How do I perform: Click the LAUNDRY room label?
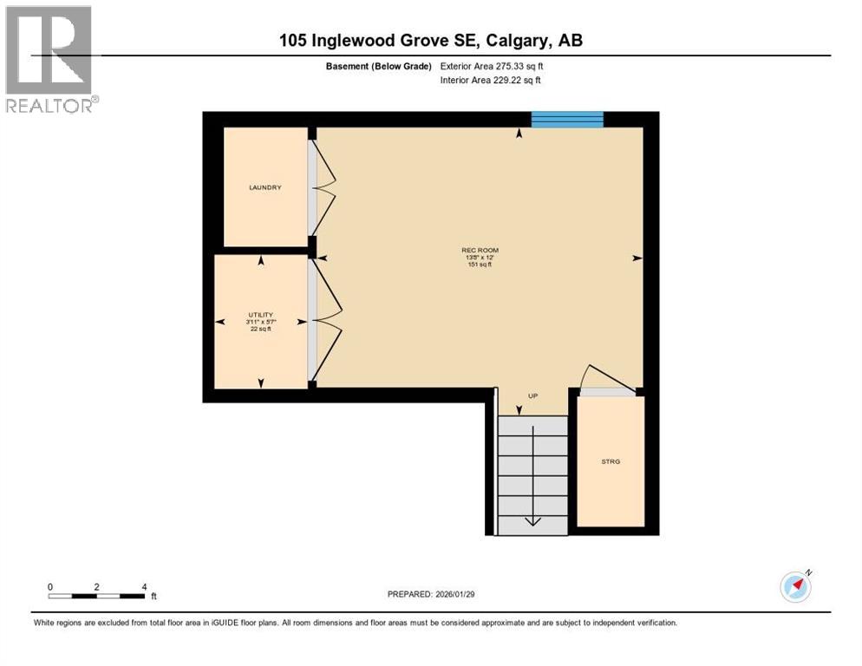[x=264, y=187]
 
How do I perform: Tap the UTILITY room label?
[x=260, y=315]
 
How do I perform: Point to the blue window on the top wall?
[x=566, y=120]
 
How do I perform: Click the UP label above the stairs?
[x=533, y=396]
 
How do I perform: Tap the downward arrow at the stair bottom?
[x=532, y=519]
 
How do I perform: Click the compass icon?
[x=795, y=586]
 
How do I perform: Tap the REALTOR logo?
[x=49, y=59]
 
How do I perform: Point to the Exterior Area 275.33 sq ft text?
[x=492, y=66]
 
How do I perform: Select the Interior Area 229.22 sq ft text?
[x=491, y=81]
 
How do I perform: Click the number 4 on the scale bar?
[x=143, y=586]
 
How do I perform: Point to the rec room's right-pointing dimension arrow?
[x=637, y=258]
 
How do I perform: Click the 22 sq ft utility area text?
[x=260, y=330]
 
